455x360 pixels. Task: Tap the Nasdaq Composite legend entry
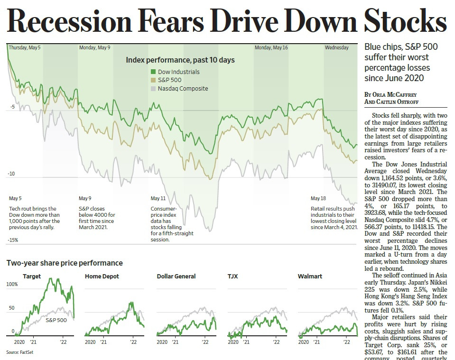click(x=183, y=88)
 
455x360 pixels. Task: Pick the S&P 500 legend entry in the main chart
click(x=169, y=80)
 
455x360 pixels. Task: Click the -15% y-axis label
click(x=13, y=240)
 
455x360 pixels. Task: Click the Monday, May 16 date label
click(x=271, y=48)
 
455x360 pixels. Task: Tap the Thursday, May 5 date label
click(x=25, y=48)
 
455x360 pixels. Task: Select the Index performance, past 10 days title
click(x=180, y=60)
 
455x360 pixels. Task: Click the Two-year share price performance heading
click(x=65, y=263)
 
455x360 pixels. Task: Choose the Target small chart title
click(x=32, y=276)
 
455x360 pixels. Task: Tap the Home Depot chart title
click(x=102, y=276)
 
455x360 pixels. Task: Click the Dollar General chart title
click(x=176, y=276)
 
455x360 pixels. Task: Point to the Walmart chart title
click(x=310, y=276)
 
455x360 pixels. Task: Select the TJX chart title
click(x=232, y=276)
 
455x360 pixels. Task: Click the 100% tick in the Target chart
click(x=11, y=284)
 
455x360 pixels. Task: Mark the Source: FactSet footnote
click(x=20, y=352)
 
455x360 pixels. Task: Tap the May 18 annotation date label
click(x=318, y=198)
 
